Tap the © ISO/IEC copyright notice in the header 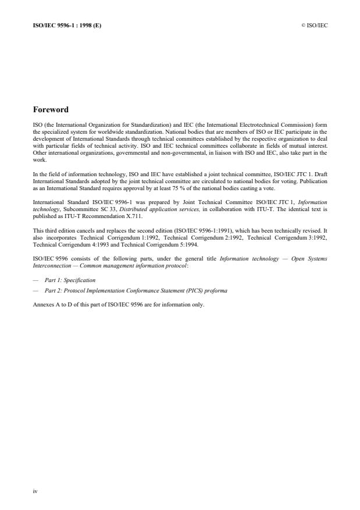click(x=314, y=25)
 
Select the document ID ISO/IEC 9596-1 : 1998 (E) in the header click(x=66, y=25)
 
